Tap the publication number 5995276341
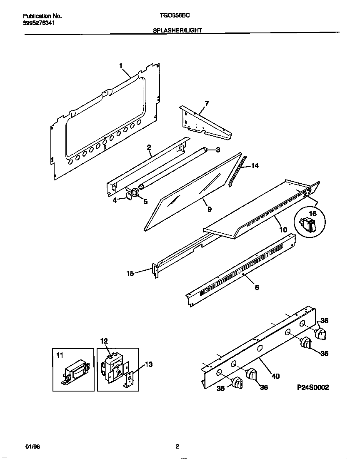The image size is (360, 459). pos(38,23)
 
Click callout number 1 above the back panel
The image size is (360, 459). pos(121,66)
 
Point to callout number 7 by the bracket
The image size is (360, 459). pos(206,103)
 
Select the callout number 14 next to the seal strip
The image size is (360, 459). pos(255,165)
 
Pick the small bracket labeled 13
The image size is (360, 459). pos(130,379)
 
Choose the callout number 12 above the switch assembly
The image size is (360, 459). pos(104,341)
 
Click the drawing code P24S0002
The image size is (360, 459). pos(312,387)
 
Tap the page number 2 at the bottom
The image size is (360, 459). pos(177,446)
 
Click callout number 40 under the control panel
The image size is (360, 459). pos(275,376)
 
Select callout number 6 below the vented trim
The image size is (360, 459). pos(257,287)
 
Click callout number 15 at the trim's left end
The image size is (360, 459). pos(130,273)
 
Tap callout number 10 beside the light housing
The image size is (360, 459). pos(282,229)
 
